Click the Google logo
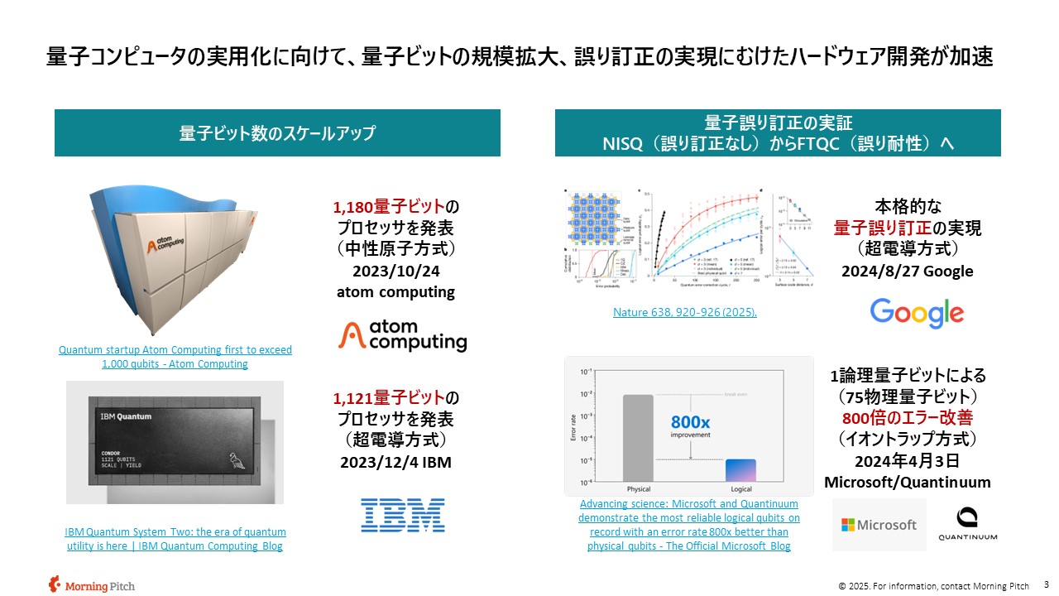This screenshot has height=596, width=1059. pyautogui.click(x=917, y=314)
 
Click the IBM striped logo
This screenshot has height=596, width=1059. pyautogui.click(x=403, y=515)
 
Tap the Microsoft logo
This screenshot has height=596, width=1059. pyautogui.click(x=879, y=525)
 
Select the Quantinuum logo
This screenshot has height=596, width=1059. pyautogui.click(x=967, y=524)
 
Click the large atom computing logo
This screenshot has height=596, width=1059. pyautogui.click(x=403, y=335)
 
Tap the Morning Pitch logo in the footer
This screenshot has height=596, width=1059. pyautogui.click(x=79, y=584)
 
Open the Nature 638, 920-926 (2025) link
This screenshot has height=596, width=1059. pyautogui.click(x=684, y=312)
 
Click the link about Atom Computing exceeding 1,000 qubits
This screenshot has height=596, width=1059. pyautogui.click(x=175, y=357)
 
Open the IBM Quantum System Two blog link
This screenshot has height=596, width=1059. pyautogui.click(x=175, y=539)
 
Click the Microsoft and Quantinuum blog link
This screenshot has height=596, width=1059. pyautogui.click(x=688, y=525)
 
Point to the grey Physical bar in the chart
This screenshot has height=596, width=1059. pyautogui.click(x=638, y=438)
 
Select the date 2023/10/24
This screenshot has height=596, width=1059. pyautogui.click(x=395, y=271)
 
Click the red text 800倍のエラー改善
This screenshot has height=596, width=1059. pyautogui.click(x=907, y=416)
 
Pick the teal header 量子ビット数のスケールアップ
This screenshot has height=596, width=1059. pyautogui.click(x=277, y=132)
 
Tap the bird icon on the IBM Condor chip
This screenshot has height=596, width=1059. pyautogui.click(x=237, y=460)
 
